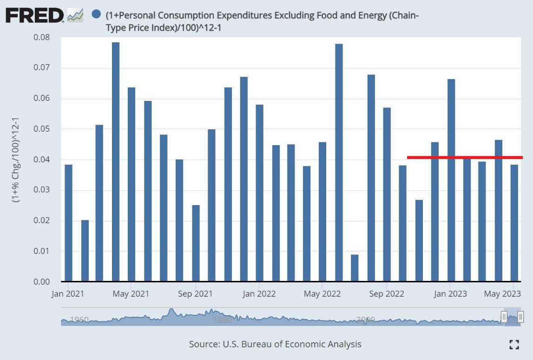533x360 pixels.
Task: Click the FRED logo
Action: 35,15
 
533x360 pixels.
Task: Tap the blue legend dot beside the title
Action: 97,15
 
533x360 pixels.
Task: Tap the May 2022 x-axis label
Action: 322,294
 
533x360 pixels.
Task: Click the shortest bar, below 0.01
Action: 355,268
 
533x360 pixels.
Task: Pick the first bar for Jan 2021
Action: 68,223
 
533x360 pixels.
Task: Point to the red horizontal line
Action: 465,158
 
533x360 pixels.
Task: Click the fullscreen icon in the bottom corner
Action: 514,345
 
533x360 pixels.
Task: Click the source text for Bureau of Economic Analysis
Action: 275,345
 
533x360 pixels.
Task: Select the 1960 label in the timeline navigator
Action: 79,320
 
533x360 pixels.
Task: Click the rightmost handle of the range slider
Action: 520,317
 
